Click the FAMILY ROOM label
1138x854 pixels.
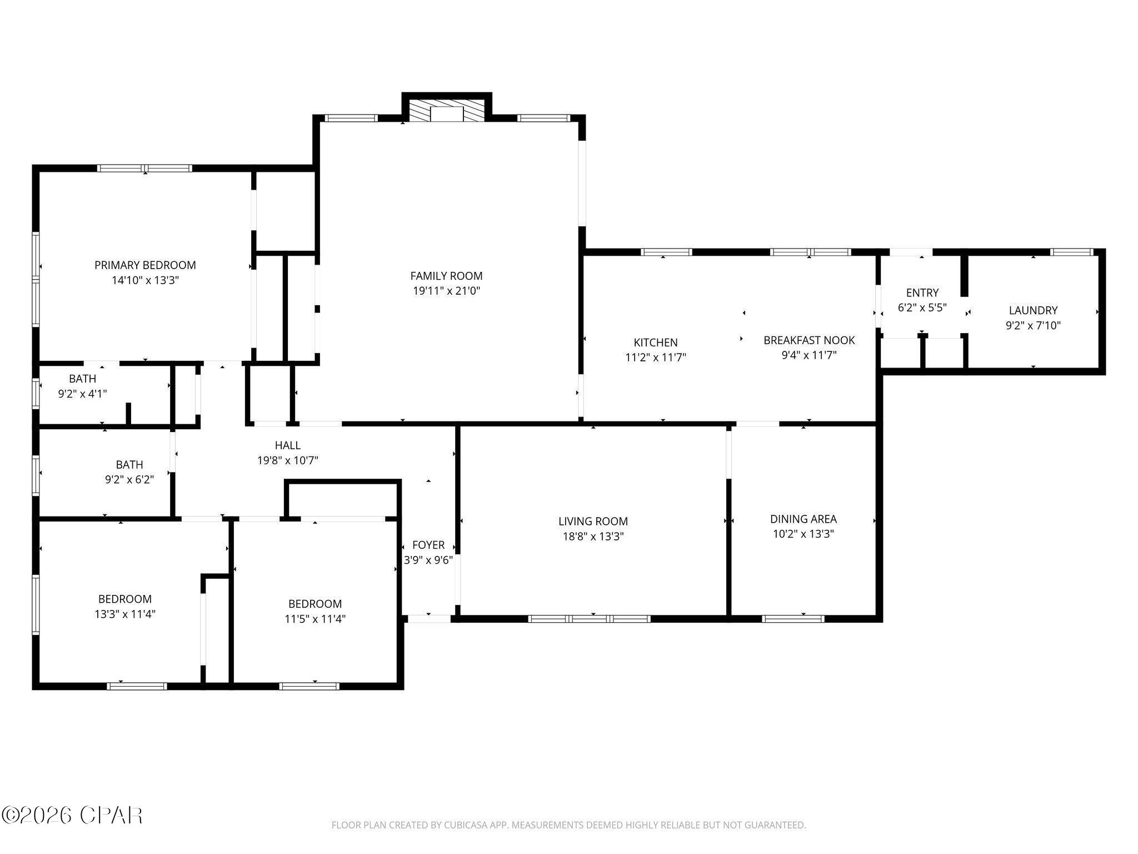(446, 276)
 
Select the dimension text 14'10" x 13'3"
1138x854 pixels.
(145, 280)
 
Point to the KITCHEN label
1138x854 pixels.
(656, 342)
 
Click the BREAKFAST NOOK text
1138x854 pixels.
(809, 340)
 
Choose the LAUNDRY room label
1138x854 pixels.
(1033, 310)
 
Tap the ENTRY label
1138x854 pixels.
(922, 292)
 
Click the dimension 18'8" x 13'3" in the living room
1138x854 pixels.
(593, 537)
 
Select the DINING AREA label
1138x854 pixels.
(803, 519)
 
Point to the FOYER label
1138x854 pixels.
(428, 545)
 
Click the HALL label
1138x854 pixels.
(287, 445)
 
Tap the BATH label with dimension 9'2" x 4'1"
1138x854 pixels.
(82, 379)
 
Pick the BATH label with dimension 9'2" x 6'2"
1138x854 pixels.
(129, 464)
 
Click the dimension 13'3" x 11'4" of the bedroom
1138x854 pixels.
(125, 614)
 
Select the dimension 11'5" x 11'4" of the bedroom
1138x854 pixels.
(315, 619)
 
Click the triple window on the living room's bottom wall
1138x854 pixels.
(589, 618)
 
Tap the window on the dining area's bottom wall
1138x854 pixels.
(793, 618)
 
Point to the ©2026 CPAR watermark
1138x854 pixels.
(72, 815)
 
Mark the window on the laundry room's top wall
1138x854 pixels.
(1072, 252)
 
